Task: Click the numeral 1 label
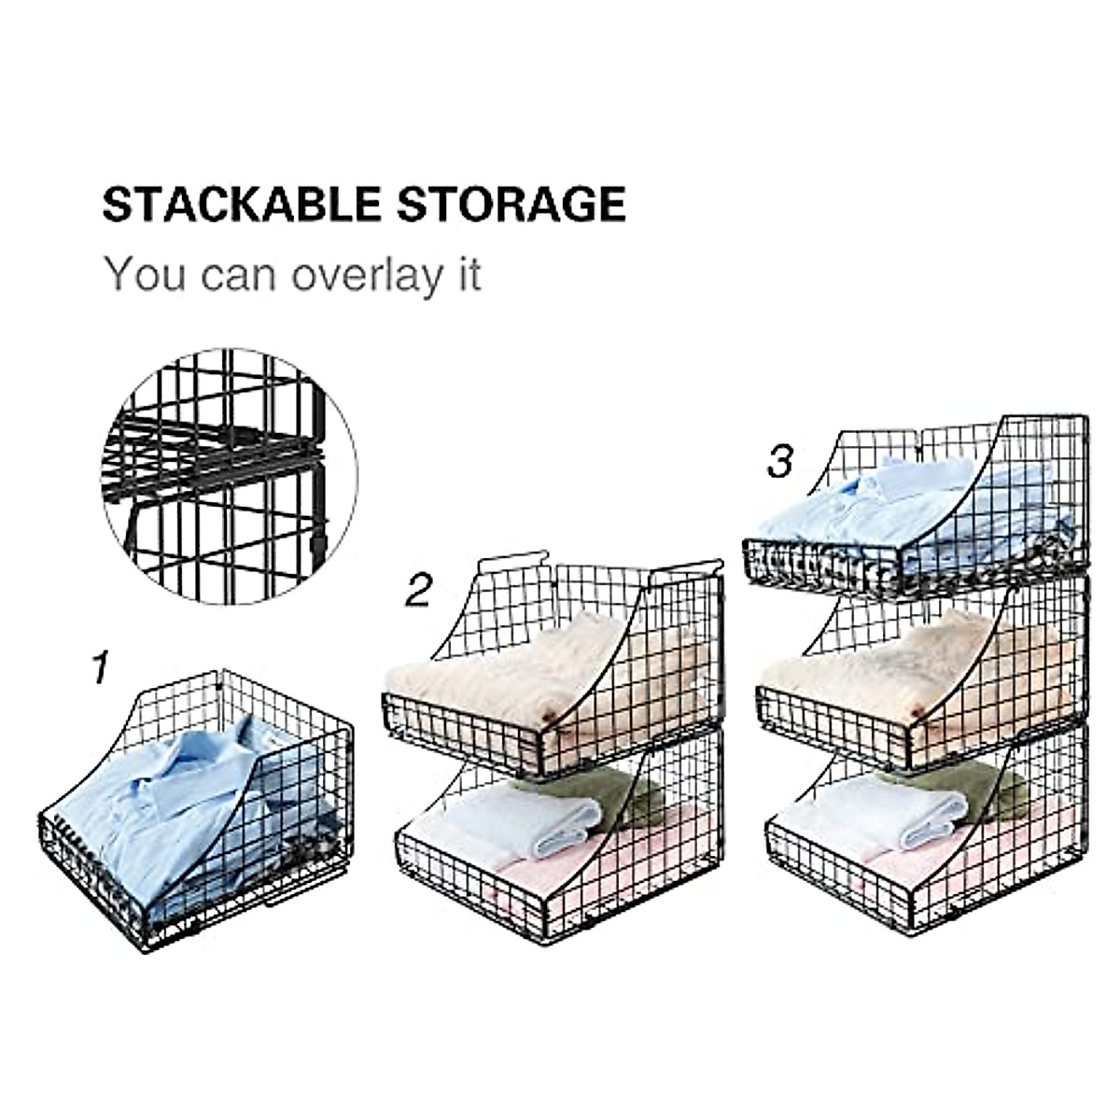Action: (101, 668)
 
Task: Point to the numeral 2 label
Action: (419, 591)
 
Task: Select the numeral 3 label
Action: (780, 462)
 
